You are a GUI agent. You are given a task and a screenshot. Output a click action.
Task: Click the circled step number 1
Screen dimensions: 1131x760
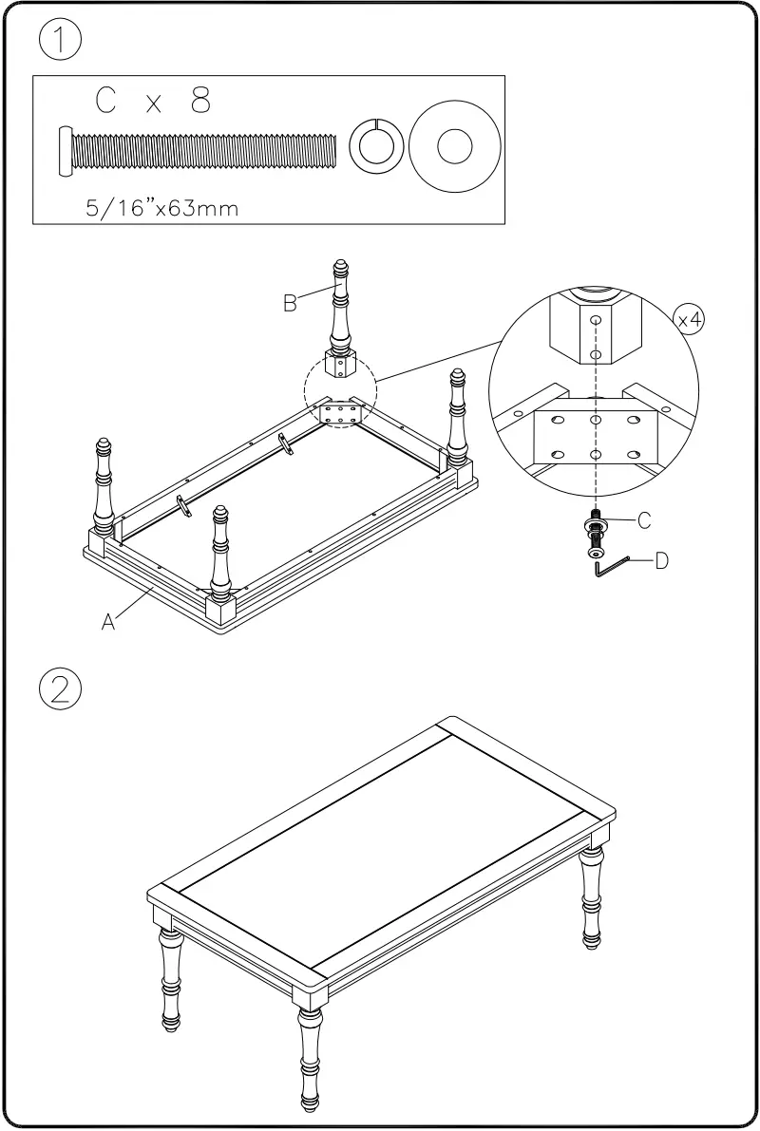tap(59, 42)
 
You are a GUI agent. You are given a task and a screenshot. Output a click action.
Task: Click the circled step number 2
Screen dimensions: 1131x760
tap(59, 688)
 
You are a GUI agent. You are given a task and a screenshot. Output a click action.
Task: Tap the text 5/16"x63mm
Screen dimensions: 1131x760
tap(161, 209)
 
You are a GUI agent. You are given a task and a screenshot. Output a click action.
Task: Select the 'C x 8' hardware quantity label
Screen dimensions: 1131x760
tap(153, 102)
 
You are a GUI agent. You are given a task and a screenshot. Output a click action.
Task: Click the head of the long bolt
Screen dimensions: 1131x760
tap(65, 150)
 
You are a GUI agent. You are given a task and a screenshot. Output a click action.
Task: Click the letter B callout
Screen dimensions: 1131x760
tap(291, 303)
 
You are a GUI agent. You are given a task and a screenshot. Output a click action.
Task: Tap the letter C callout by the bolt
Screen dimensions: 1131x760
tap(643, 519)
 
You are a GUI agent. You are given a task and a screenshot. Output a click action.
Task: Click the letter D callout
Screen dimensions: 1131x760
tap(661, 560)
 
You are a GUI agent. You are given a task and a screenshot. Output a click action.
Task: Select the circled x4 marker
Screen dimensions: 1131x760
tap(690, 319)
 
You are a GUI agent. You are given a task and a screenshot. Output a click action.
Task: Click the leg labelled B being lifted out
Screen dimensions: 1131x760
tap(340, 318)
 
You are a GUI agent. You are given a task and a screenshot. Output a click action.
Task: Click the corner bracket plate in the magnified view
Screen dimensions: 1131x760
tap(595, 437)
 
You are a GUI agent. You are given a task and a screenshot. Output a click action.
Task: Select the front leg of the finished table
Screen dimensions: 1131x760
tap(311, 1054)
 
